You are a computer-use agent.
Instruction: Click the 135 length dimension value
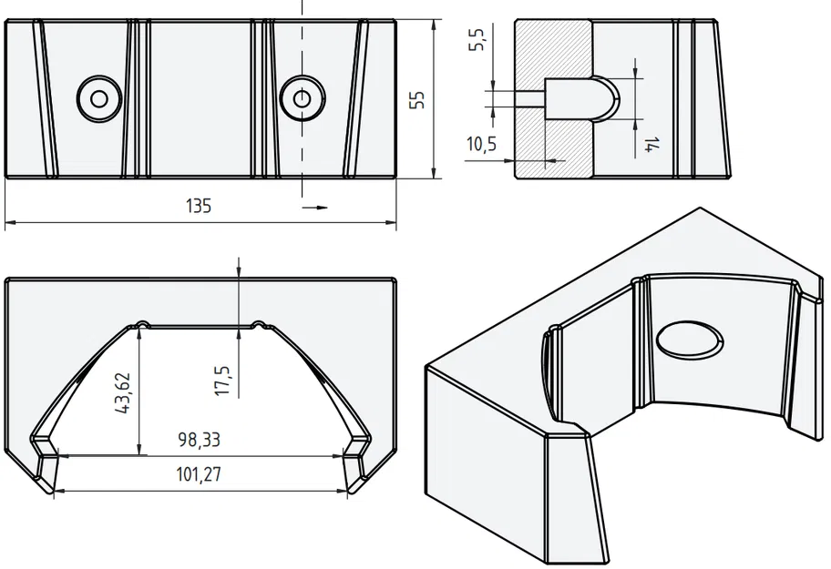point(199,206)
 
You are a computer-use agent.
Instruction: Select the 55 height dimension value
point(417,99)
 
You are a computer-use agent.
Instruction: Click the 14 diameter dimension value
point(650,143)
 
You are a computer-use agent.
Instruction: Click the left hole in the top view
point(98,97)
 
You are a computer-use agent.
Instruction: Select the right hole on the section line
point(302,97)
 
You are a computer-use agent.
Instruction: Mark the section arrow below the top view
point(315,208)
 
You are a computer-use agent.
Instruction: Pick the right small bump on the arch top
point(258,322)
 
